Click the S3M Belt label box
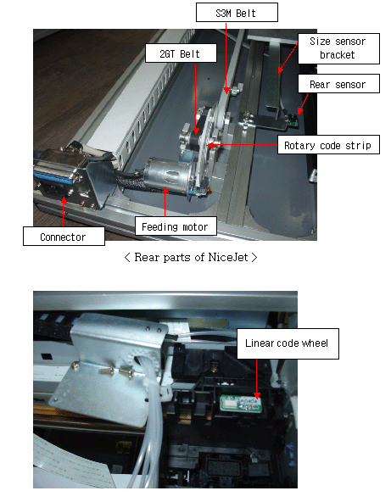pyautogui.click(x=237, y=13)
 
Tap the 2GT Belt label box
pyautogui.click(x=181, y=53)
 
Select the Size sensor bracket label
pyautogui.click(x=338, y=48)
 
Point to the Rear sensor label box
pyautogui.click(x=338, y=84)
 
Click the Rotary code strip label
pyautogui.click(x=328, y=145)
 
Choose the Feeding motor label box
pyautogui.click(x=176, y=226)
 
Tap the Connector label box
pyautogui.click(x=64, y=237)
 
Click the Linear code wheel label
pyautogui.click(x=288, y=343)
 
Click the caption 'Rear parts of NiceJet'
pyautogui.click(x=191, y=257)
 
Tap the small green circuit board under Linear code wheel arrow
pyautogui.click(x=241, y=403)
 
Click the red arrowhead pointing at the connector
pyautogui.click(x=64, y=200)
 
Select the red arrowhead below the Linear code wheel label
pyautogui.click(x=256, y=396)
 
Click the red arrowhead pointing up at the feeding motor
pyautogui.click(x=165, y=190)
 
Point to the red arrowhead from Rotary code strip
pyautogui.click(x=209, y=145)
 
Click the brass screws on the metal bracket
pyautogui.click(x=116, y=371)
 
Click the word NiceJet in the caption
pyautogui.click(x=228, y=257)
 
